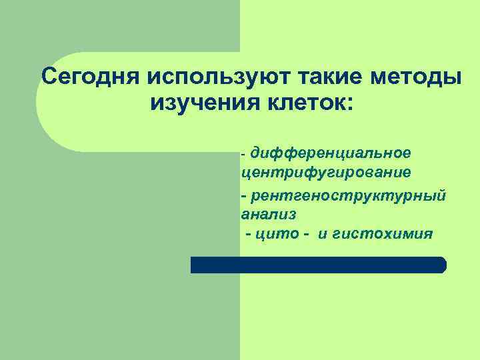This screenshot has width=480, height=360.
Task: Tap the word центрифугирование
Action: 326,173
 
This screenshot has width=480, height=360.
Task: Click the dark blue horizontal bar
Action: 318,265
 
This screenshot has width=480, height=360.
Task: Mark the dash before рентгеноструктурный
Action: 244,197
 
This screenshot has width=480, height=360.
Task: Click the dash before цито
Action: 249,235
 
